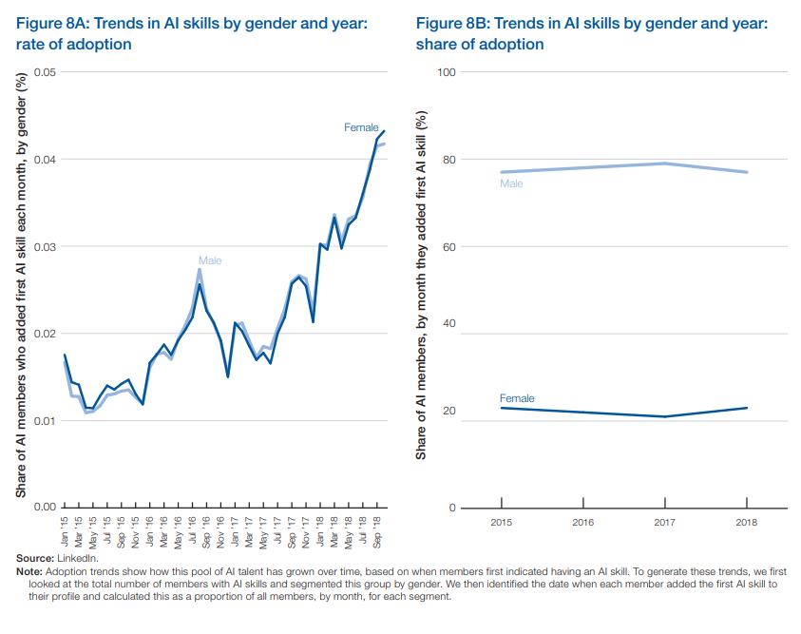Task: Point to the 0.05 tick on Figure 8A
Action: tap(45, 72)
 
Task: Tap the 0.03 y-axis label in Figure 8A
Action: tap(45, 247)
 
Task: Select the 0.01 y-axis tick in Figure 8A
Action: tap(45, 421)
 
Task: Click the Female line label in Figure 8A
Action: tap(361, 127)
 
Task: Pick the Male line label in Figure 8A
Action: tap(210, 260)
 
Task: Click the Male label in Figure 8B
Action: tap(511, 183)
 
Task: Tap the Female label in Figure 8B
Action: tap(517, 398)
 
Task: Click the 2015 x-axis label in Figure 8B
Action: tap(501, 523)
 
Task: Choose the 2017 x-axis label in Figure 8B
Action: tap(665, 523)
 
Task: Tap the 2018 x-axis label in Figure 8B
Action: tap(747, 523)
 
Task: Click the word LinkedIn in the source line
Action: tap(77, 558)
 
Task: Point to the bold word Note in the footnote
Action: tap(29, 570)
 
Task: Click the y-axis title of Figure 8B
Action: tap(422, 285)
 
